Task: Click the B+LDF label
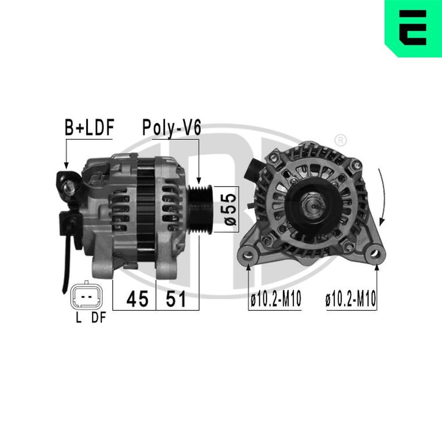click(89, 128)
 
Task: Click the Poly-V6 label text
click(171, 128)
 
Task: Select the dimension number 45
click(137, 300)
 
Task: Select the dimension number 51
click(175, 300)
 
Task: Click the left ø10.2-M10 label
click(275, 301)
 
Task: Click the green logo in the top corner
click(413, 27)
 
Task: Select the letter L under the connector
click(79, 318)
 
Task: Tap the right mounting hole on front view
click(375, 255)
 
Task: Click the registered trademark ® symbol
click(340, 140)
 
